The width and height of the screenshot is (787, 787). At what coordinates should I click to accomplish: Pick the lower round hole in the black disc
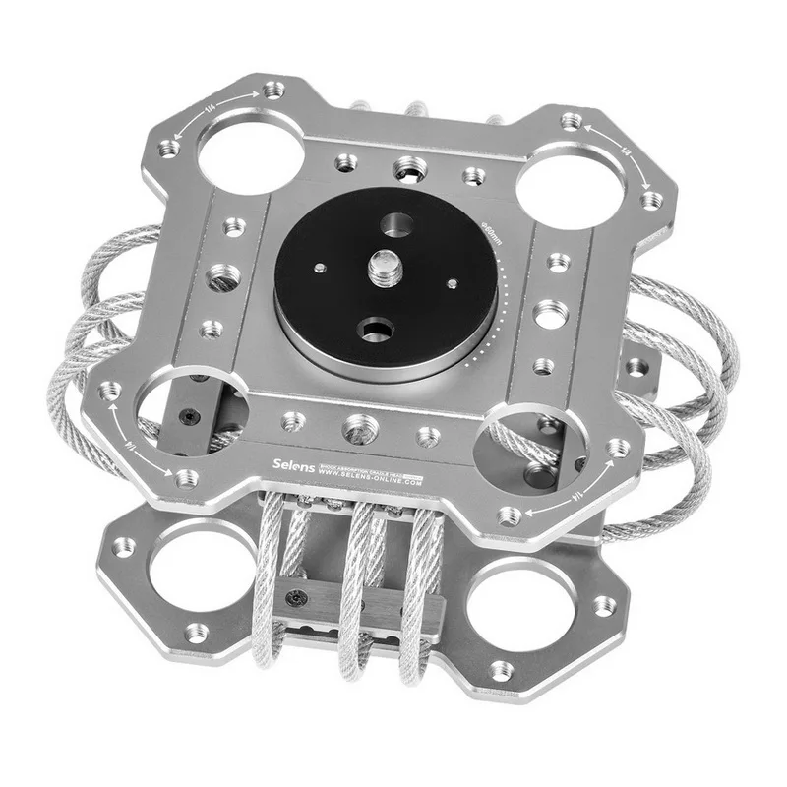[x=376, y=328]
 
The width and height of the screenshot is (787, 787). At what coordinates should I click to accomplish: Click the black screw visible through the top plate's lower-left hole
[x=192, y=417]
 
